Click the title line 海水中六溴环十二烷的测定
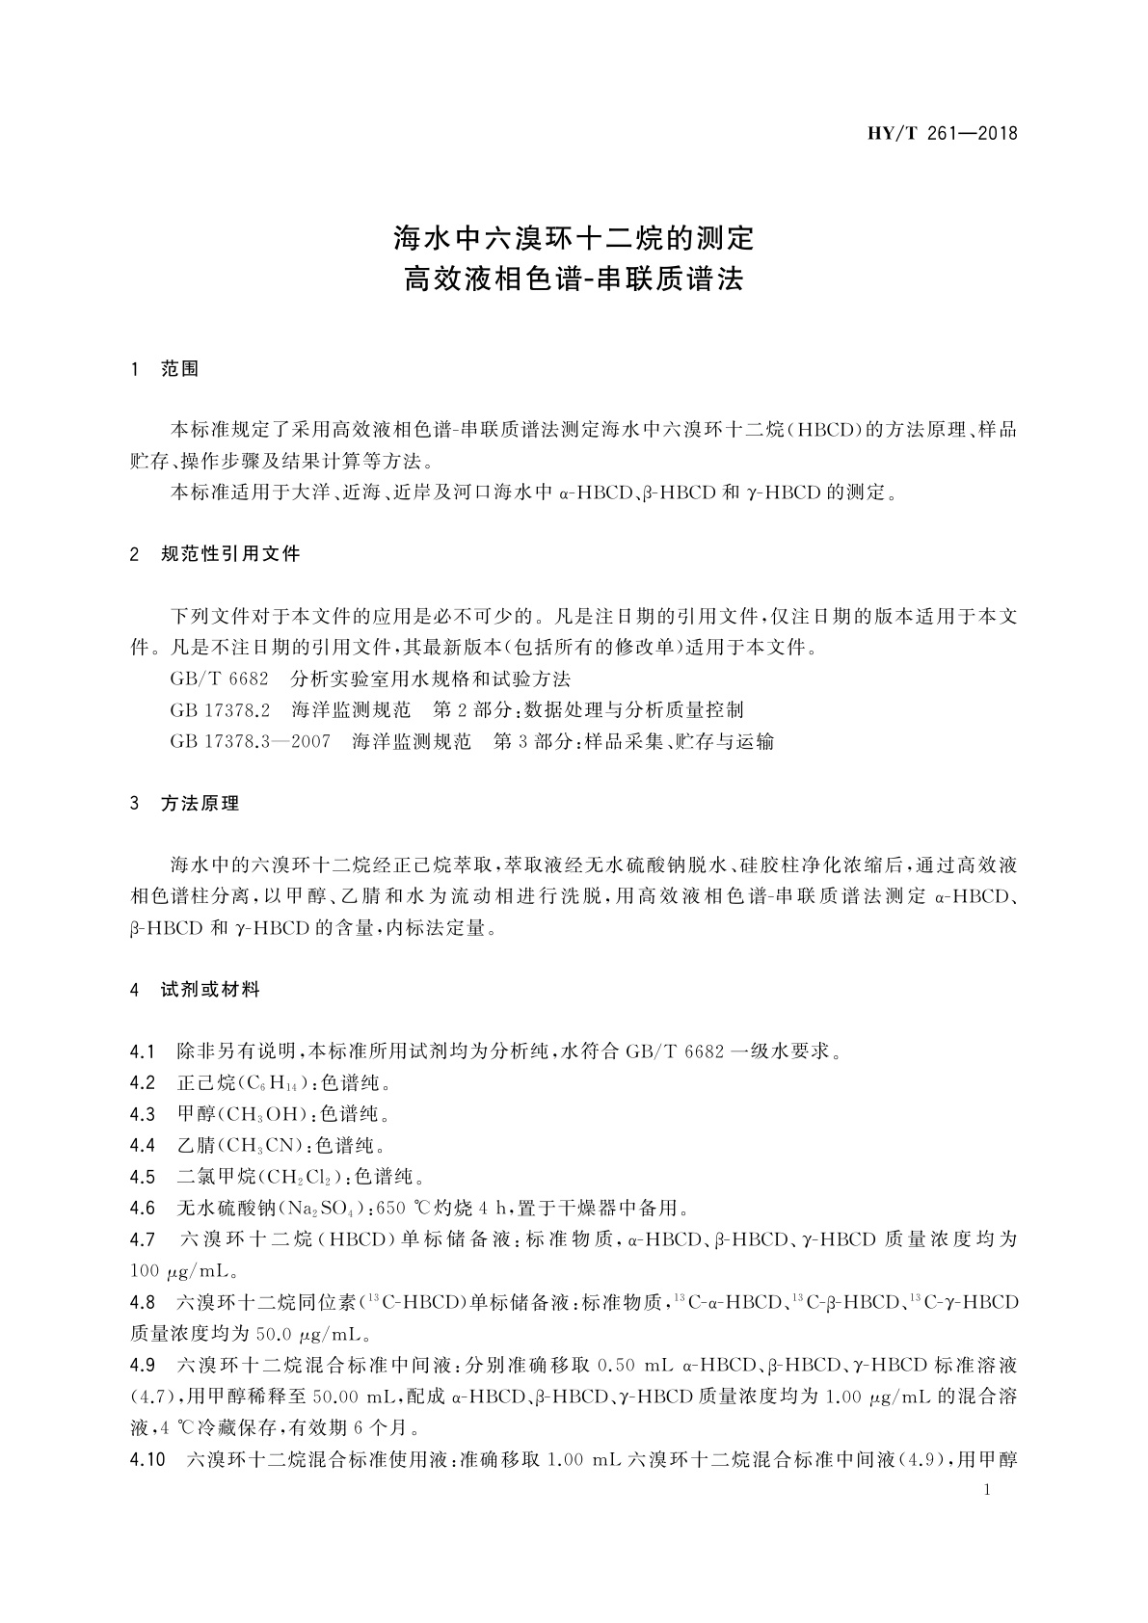[574, 237]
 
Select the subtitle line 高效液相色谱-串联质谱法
[574, 280]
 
